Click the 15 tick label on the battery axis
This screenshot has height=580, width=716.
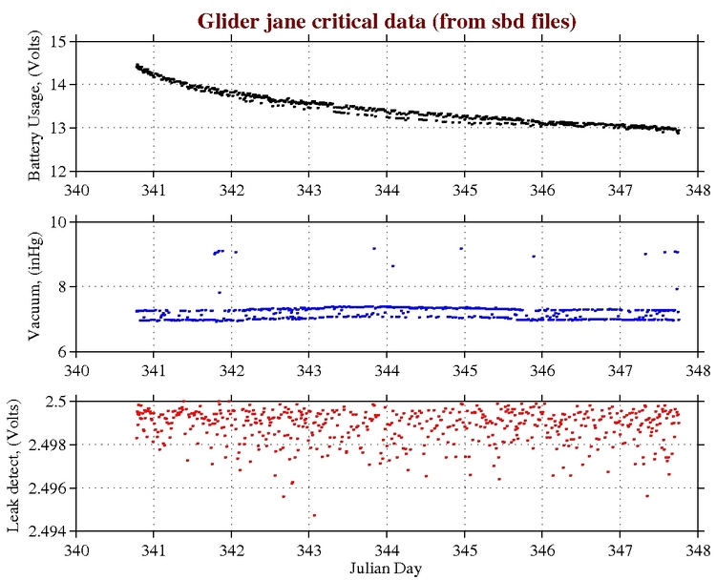click(59, 41)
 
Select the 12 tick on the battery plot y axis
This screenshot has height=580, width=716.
click(59, 171)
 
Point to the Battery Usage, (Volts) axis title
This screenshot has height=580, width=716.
click(34, 106)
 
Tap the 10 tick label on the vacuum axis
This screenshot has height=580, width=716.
click(59, 221)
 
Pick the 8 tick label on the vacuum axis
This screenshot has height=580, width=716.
click(63, 286)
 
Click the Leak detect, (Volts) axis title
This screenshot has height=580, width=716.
click(15, 465)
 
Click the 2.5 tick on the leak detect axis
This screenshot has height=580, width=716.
click(55, 401)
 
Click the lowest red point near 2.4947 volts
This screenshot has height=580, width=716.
click(314, 515)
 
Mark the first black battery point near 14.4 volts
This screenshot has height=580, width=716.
click(137, 65)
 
